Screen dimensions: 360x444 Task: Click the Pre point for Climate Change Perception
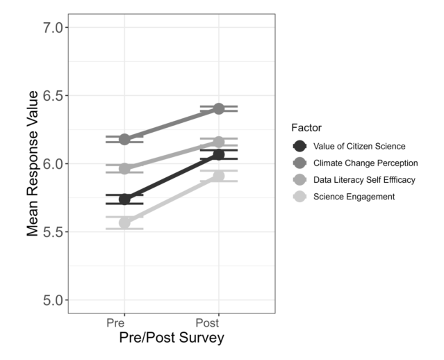(124, 139)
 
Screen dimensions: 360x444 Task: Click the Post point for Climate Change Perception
(219, 108)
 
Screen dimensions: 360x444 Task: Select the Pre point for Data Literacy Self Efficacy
(124, 168)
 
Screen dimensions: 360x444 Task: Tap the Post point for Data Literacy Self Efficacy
(219, 142)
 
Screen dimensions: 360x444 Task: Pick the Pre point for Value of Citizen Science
(124, 199)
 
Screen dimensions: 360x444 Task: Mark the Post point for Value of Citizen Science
(219, 154)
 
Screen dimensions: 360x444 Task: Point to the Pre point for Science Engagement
(124, 223)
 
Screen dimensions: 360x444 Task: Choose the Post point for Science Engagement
(219, 176)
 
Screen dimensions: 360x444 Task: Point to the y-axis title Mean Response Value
(32, 164)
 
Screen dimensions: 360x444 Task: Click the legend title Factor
(306, 128)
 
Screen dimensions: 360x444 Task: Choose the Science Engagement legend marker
(299, 197)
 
